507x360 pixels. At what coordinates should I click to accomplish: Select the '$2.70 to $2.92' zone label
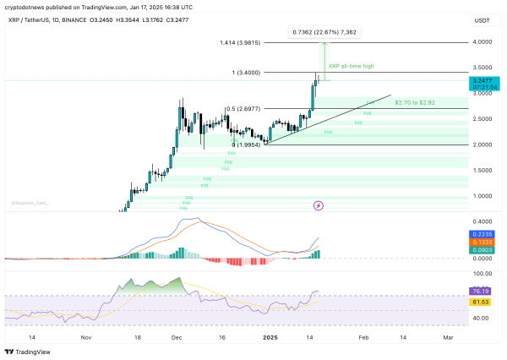coord(415,102)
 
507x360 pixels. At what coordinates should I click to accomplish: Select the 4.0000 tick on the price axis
coord(482,41)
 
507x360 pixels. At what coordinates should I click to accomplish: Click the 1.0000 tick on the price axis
coord(482,196)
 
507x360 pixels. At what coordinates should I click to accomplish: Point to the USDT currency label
coord(482,19)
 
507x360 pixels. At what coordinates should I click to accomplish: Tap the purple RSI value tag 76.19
coord(482,291)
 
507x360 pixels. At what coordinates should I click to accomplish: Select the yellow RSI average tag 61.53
coord(482,301)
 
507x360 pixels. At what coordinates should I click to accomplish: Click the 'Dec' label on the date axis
coord(176,335)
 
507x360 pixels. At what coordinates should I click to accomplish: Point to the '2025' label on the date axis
coord(269,335)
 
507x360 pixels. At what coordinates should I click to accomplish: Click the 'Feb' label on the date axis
coord(363,335)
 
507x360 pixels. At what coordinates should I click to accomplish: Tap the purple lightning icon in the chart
coord(319,205)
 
